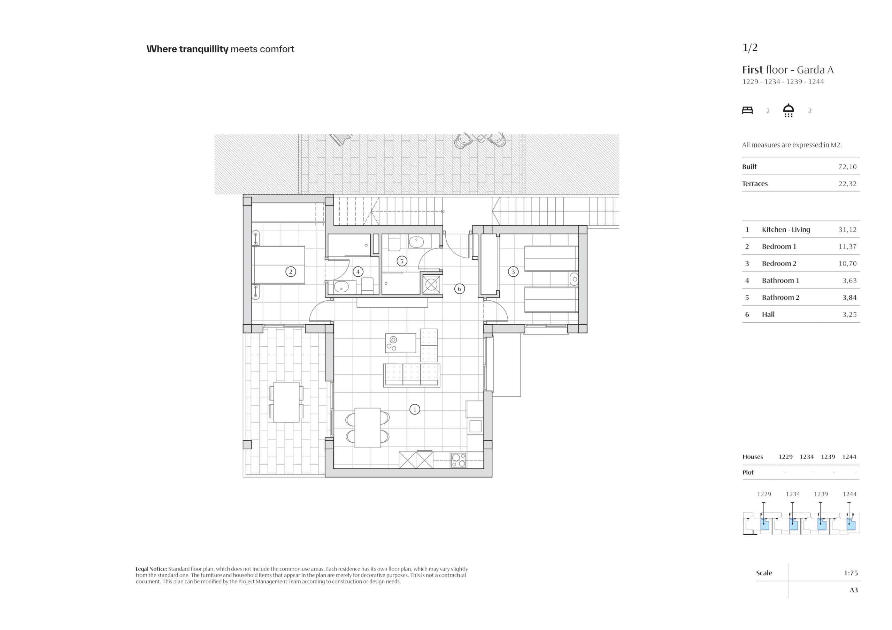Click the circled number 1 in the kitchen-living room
(x=415, y=409)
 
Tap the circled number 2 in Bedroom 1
(x=291, y=272)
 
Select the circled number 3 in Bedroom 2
(x=513, y=272)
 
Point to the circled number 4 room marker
(x=358, y=272)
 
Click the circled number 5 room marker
(x=402, y=261)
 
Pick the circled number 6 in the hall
(x=460, y=289)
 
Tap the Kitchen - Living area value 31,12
(x=847, y=230)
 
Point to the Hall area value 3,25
(x=849, y=315)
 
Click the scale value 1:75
(x=851, y=573)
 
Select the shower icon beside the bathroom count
(x=788, y=110)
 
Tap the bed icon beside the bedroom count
(x=747, y=110)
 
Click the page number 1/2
(x=750, y=47)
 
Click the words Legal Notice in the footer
(x=151, y=569)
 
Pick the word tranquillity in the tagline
(x=204, y=49)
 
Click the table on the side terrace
(x=286, y=402)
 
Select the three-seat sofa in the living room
(x=412, y=375)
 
